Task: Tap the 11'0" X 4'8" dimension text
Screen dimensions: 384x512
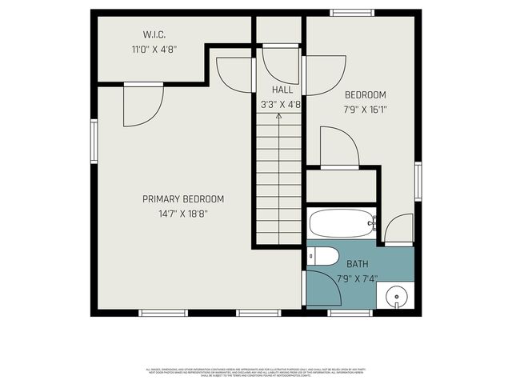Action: (x=154, y=49)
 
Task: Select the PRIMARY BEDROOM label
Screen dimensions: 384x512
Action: (x=183, y=199)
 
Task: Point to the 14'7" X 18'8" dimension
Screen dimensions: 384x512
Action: (x=183, y=214)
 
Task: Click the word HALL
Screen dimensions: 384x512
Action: (x=282, y=90)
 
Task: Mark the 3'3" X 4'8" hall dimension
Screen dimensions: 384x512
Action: (x=280, y=104)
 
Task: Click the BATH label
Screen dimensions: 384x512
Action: (x=357, y=263)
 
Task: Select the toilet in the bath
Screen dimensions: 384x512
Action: (x=324, y=256)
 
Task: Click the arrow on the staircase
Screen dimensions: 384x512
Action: (x=278, y=118)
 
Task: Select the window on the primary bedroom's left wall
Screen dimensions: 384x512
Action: (x=94, y=142)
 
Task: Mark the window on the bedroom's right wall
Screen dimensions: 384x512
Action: (x=417, y=182)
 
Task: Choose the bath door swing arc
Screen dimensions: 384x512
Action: (x=323, y=288)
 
